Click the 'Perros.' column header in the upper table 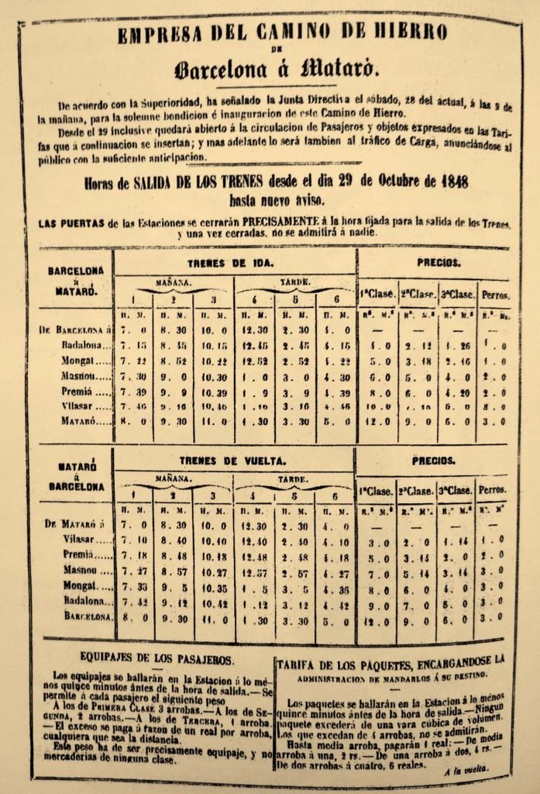(x=495, y=295)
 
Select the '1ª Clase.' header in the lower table (x=375, y=491)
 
